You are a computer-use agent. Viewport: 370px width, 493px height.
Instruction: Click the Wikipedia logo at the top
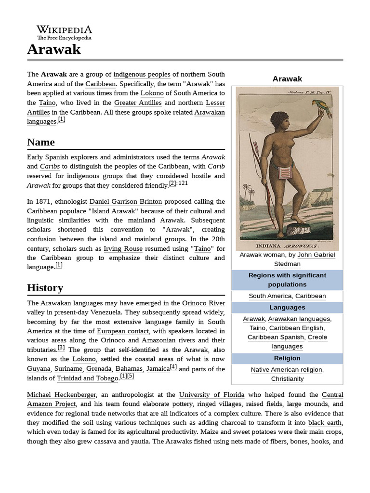[x=64, y=32]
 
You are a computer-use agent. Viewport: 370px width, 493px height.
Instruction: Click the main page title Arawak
[x=54, y=49]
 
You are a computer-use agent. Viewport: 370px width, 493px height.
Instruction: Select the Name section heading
[x=41, y=143]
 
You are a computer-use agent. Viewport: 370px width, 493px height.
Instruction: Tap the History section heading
[x=45, y=288]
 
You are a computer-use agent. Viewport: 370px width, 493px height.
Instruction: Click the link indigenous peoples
[x=142, y=75]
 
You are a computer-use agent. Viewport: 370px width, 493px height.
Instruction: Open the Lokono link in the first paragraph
[x=152, y=93]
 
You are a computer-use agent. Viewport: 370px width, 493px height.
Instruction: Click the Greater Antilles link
[x=138, y=103]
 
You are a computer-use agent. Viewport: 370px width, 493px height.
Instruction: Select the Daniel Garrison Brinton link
[x=126, y=202]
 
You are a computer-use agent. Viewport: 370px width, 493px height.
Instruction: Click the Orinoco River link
[x=203, y=303]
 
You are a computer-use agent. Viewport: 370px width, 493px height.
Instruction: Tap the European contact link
[x=123, y=331]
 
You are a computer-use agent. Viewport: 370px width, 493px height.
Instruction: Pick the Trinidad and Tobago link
[x=88, y=378]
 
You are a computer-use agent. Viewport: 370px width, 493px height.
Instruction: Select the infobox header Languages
[x=287, y=307]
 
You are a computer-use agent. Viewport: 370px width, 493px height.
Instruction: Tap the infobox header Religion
[x=287, y=358]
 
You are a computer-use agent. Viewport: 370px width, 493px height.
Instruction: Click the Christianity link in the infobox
[x=287, y=379]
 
